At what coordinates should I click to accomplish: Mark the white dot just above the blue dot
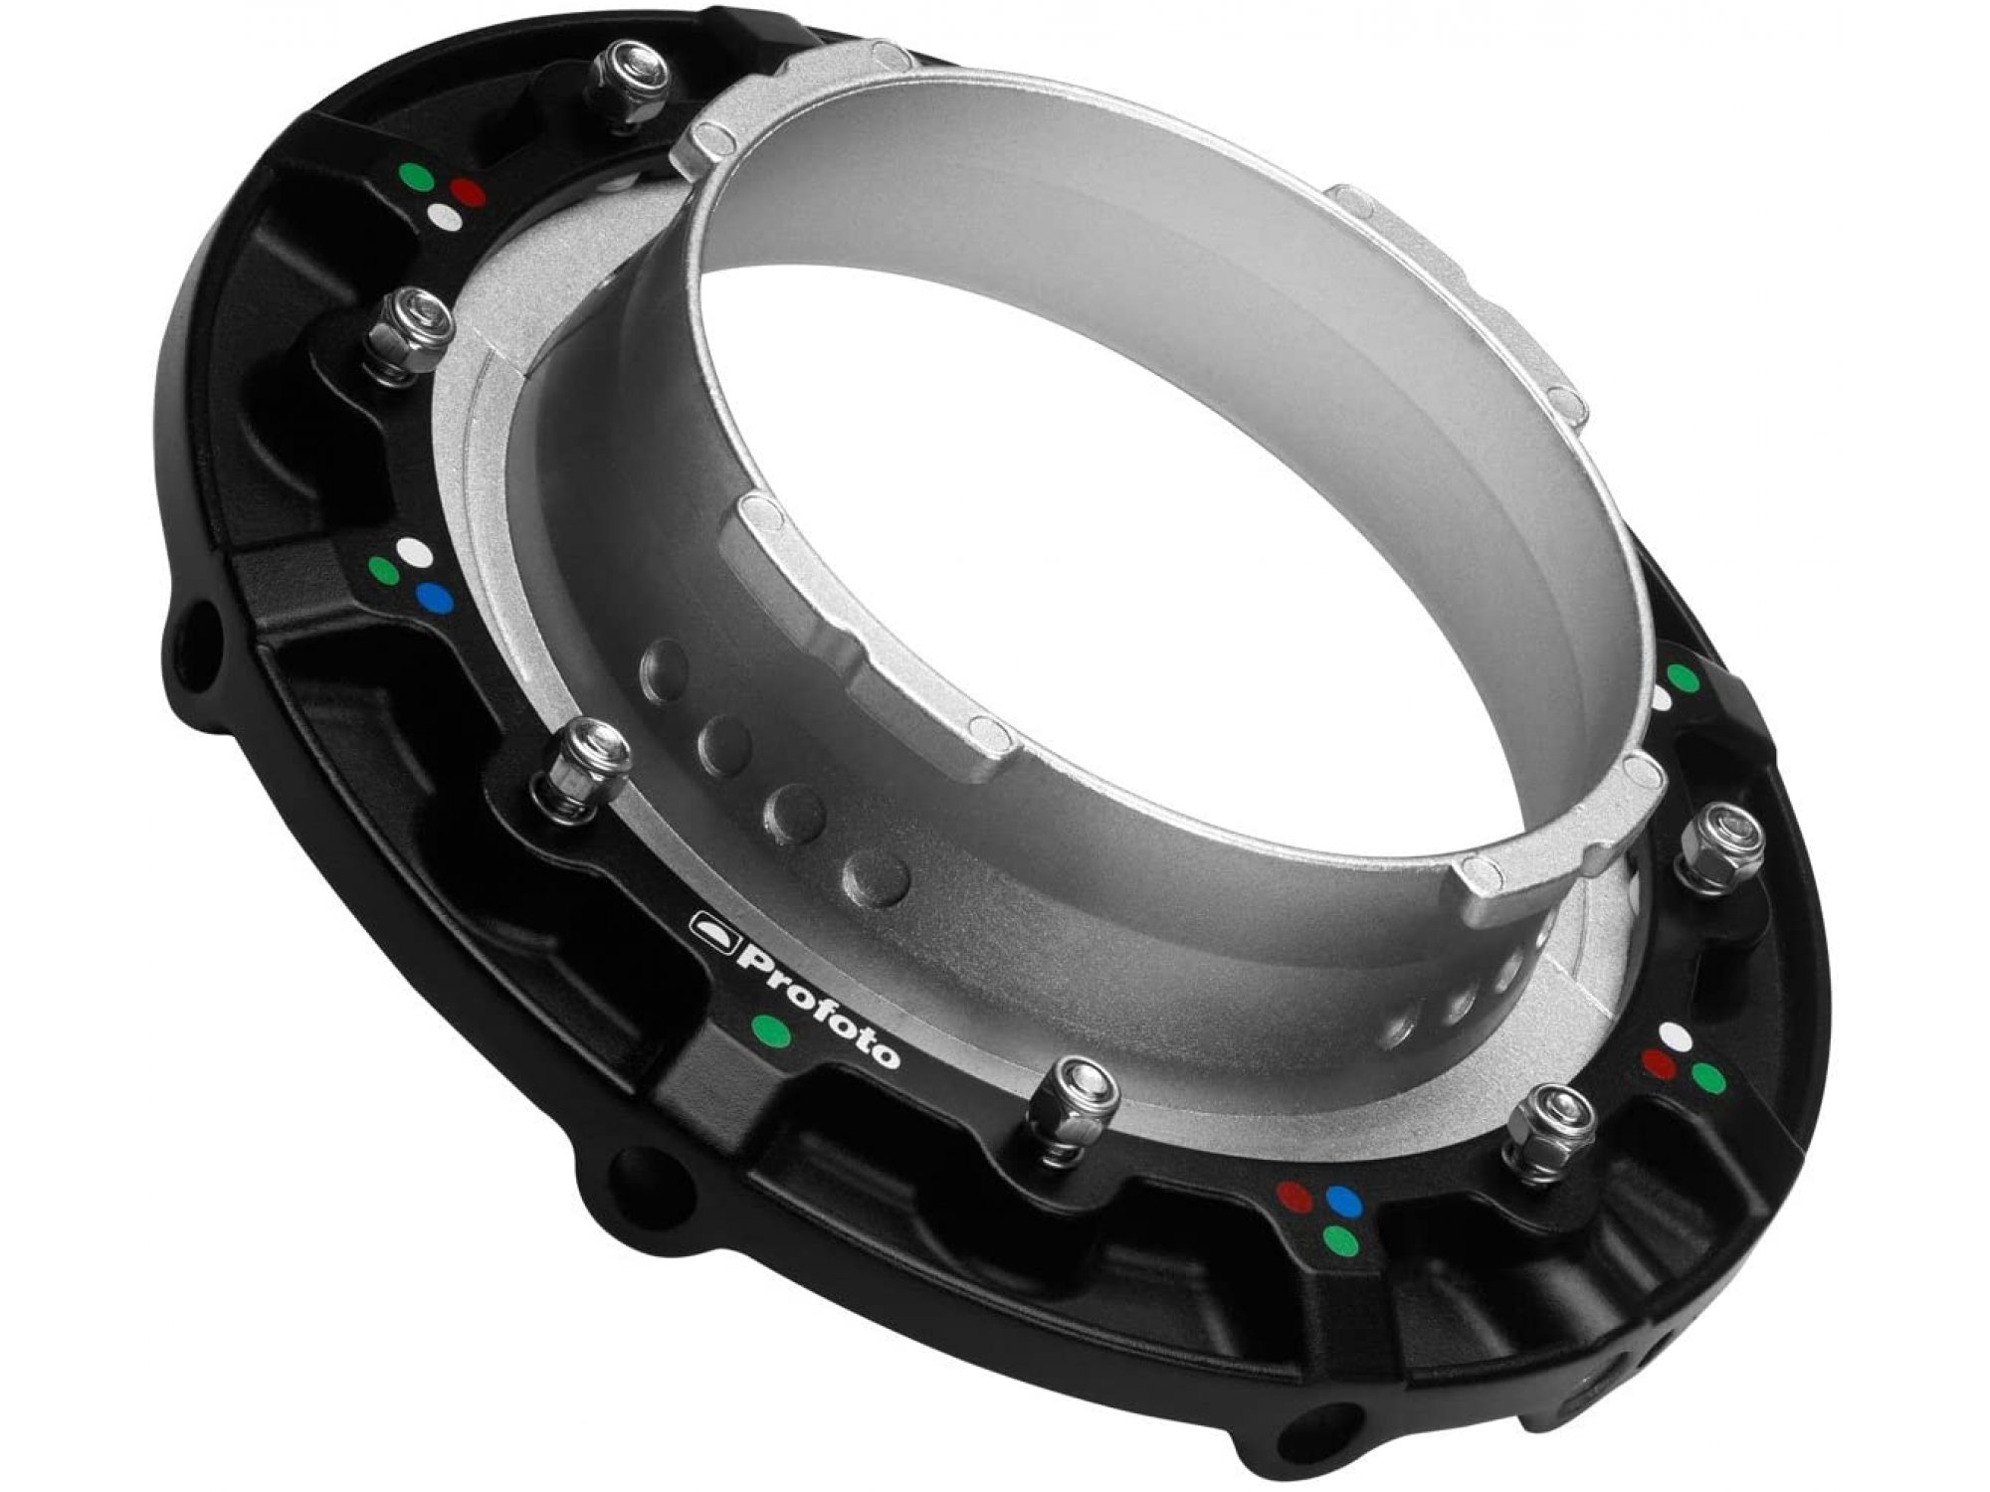coord(412,553)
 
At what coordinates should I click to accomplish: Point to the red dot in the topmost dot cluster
coord(466,192)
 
